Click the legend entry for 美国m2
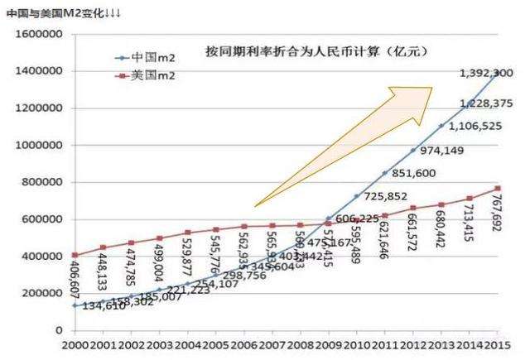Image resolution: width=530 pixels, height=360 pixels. (x=149, y=75)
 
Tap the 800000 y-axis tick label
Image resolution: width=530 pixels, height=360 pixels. (x=36, y=183)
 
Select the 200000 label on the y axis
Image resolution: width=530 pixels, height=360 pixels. (x=36, y=294)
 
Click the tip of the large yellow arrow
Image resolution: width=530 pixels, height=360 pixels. (x=432, y=88)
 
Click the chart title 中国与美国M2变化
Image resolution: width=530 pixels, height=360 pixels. (x=55, y=9)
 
